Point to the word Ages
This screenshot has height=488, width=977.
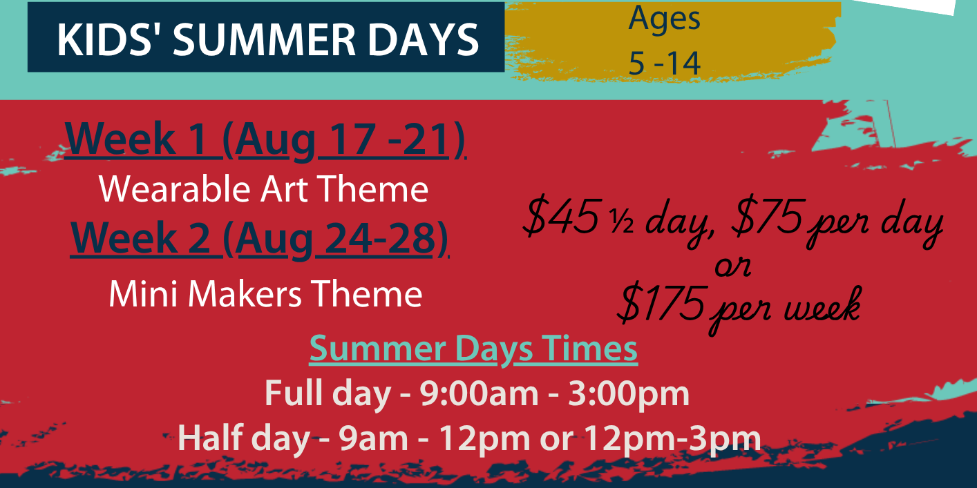(664, 19)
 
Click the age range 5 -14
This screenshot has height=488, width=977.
(664, 64)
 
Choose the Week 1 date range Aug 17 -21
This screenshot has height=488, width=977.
(343, 139)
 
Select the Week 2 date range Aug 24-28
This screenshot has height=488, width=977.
(335, 238)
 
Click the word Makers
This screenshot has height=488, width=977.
(245, 294)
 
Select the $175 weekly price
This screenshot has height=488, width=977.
(662, 303)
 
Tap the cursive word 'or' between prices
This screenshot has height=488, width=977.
(732, 266)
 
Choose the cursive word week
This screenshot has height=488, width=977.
(823, 305)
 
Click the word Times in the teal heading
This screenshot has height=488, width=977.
(589, 349)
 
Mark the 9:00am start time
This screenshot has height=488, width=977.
(479, 393)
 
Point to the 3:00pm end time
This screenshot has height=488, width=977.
(629, 394)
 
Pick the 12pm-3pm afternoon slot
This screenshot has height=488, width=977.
(672, 439)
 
